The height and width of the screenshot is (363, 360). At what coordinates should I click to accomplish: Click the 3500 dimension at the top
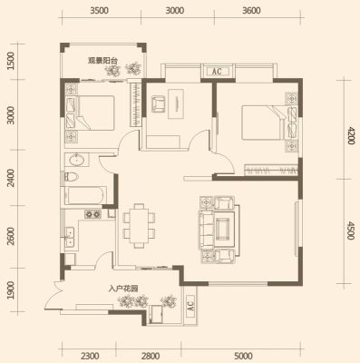coord(99,11)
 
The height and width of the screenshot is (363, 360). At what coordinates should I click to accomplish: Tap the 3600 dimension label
coord(251,11)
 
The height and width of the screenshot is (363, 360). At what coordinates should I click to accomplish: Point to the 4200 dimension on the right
coord(350,135)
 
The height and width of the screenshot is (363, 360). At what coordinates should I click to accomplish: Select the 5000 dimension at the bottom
coord(243,356)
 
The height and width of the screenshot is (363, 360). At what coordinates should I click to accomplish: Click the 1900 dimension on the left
coord(11,290)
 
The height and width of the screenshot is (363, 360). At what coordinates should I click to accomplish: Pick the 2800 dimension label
coord(151,356)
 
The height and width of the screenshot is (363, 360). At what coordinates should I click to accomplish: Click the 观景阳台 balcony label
coord(102,61)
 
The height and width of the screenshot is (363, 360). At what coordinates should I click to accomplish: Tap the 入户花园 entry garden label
coord(123,289)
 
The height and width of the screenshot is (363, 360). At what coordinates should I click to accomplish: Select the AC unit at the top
coord(217,72)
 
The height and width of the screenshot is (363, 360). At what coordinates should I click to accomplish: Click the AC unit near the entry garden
coord(190,307)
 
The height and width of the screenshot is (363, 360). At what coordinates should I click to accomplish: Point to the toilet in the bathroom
coord(72,177)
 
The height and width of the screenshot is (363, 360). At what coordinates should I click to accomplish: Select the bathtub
coord(85,196)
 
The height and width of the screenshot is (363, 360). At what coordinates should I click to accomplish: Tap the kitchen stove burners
coord(93,214)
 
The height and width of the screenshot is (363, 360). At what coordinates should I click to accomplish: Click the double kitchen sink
coord(70,238)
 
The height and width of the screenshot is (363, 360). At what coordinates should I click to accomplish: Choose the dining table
coord(140,225)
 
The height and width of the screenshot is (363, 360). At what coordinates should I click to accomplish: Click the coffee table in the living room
coord(225,228)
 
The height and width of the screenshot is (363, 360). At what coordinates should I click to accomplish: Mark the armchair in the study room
coord(159,103)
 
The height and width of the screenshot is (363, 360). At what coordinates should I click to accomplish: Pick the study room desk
coord(176,103)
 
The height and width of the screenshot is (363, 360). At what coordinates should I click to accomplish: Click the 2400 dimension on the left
coord(11,178)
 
